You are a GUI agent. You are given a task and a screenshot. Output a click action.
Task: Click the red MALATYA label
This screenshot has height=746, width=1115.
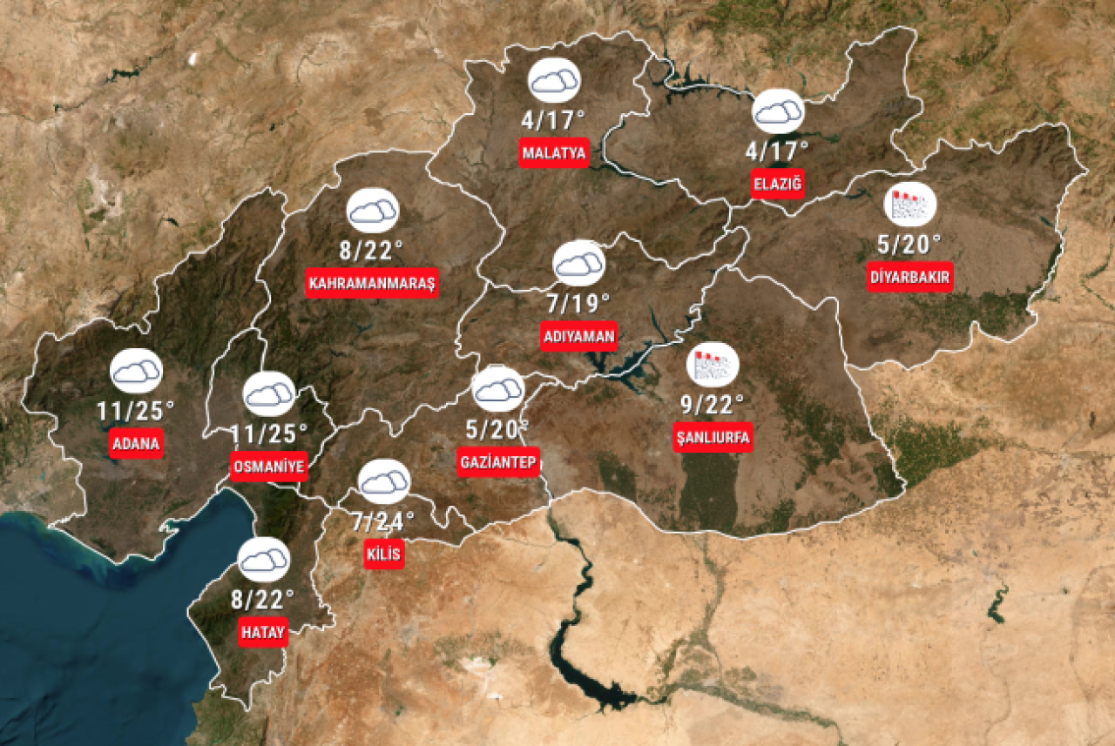(554, 152)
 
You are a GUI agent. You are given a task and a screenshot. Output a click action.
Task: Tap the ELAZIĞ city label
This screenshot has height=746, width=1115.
(777, 184)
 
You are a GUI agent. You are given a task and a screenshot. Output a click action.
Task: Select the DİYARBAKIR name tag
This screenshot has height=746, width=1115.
(910, 278)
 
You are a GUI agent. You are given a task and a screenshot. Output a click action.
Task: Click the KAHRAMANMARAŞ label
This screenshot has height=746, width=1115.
(372, 283)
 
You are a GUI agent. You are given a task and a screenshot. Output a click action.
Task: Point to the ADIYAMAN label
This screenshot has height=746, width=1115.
(578, 336)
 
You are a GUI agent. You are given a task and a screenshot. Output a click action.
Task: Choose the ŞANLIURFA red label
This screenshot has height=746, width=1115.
(713, 437)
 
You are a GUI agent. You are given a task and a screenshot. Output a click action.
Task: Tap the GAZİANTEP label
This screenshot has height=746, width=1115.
(498, 461)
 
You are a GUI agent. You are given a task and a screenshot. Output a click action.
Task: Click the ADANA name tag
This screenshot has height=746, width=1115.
(137, 443)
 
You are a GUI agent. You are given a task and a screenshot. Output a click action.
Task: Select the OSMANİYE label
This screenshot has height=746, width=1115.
(269, 466)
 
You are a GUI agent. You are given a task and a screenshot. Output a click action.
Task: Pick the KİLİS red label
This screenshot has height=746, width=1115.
(384, 554)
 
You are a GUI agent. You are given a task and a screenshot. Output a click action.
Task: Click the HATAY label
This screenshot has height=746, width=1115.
(263, 633)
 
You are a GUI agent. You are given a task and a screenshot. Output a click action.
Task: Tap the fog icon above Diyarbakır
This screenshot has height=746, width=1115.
(910, 205)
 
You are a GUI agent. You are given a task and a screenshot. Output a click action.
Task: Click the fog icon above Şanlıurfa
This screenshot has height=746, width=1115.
(713, 365)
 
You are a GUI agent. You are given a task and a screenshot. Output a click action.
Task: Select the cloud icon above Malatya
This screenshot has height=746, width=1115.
(554, 81)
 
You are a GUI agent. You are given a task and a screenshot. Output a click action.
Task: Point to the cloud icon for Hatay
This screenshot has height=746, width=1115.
(263, 561)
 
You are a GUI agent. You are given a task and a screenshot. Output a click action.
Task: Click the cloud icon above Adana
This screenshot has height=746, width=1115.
(137, 372)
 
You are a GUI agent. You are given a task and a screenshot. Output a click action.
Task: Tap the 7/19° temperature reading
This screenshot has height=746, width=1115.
(578, 302)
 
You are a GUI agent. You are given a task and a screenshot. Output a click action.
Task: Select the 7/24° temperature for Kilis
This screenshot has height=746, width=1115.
(384, 521)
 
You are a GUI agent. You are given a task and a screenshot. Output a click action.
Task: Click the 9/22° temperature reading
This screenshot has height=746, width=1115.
(713, 404)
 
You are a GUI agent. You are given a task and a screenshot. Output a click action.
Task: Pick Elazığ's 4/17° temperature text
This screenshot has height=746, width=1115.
(777, 151)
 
